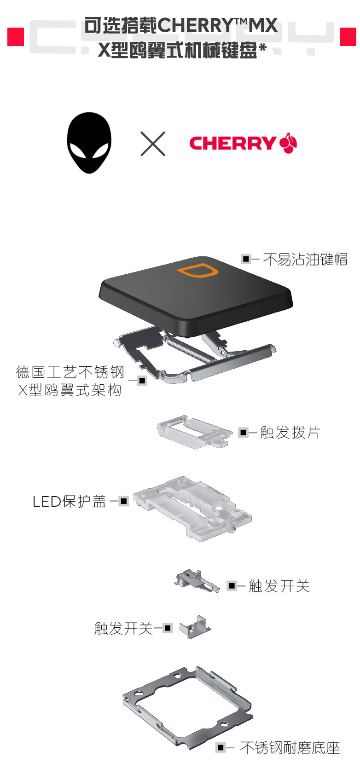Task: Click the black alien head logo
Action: [x=89, y=143]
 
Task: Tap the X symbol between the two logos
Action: [x=153, y=144]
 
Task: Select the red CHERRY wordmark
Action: [x=232, y=143]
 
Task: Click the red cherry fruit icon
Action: [x=288, y=143]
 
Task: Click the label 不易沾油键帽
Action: [x=305, y=259]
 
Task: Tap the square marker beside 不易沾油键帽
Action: [x=246, y=259]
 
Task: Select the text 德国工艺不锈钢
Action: [x=70, y=372]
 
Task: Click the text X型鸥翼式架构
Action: [x=70, y=390]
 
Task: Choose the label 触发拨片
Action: [x=290, y=432]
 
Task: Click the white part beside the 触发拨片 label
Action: [x=195, y=432]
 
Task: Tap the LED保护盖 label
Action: [x=69, y=501]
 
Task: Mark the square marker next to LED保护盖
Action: [x=123, y=501]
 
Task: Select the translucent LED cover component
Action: [x=192, y=508]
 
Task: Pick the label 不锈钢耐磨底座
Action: [x=290, y=748]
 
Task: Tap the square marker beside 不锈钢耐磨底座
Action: [x=220, y=747]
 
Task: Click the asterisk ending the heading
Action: [x=263, y=48]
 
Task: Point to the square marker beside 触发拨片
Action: [x=243, y=432]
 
